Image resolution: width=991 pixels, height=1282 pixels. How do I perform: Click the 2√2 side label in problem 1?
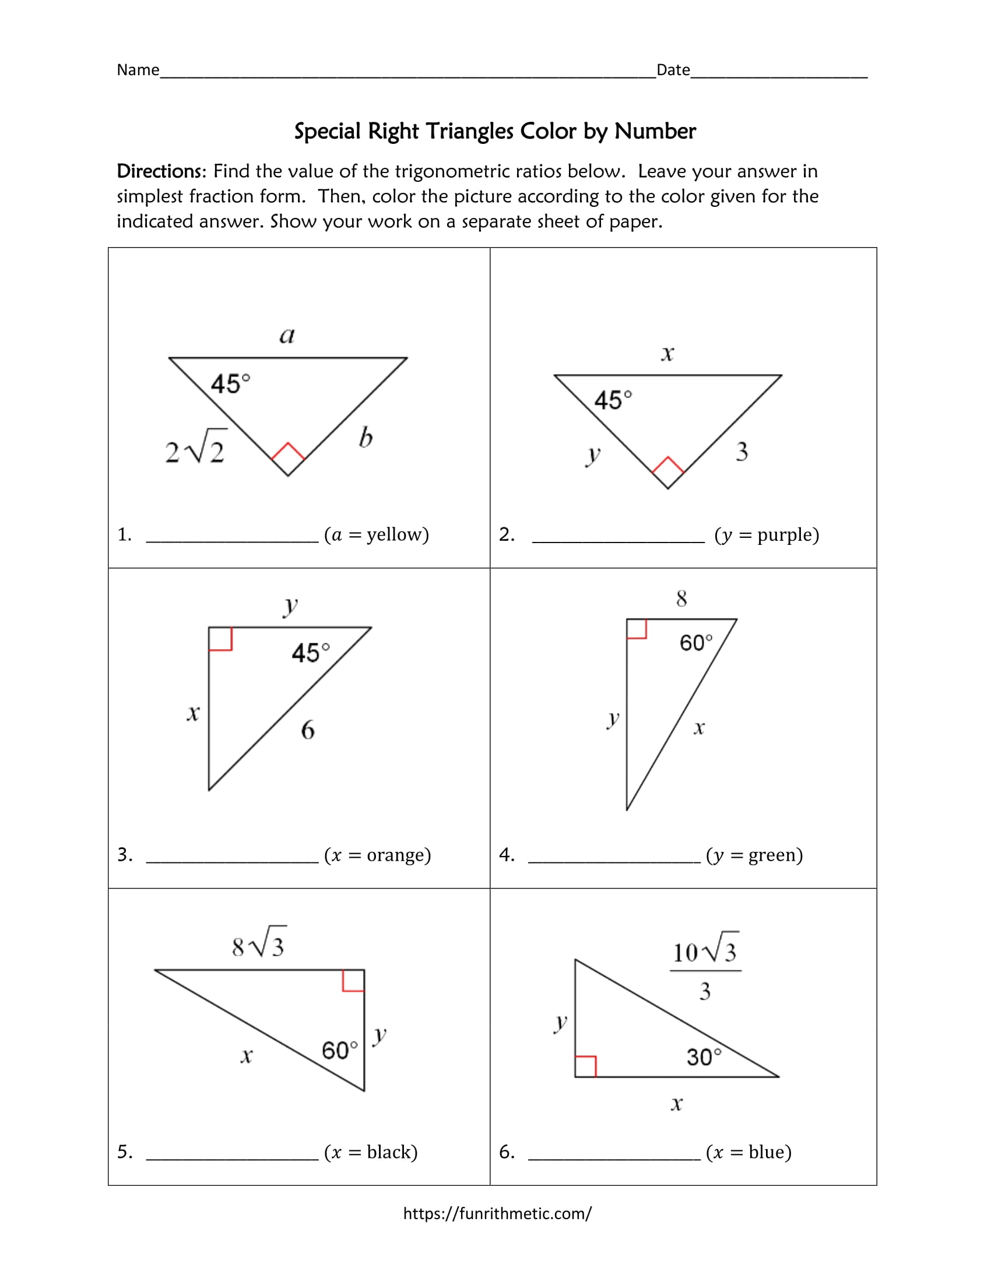[195, 449]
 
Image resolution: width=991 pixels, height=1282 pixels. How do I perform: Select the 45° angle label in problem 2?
[613, 400]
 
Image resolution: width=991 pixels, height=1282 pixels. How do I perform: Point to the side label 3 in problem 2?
[742, 452]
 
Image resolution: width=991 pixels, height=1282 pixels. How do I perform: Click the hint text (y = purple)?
[767, 535]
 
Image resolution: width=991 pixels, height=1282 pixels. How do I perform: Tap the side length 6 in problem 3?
[308, 731]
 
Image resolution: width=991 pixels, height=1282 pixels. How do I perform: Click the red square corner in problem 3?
[220, 639]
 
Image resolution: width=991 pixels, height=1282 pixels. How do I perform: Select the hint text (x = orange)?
[378, 855]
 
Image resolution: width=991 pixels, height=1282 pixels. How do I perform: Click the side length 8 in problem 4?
[681, 598]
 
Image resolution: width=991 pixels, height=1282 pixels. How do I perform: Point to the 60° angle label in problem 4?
[696, 643]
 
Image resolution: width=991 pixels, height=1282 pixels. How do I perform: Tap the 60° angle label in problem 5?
[339, 1050]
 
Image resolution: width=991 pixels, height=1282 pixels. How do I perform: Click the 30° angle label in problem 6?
[704, 1057]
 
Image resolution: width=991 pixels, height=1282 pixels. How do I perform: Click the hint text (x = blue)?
[748, 1152]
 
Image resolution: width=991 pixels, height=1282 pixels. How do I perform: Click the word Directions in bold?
[160, 171]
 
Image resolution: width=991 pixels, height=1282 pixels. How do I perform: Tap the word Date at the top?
[673, 71]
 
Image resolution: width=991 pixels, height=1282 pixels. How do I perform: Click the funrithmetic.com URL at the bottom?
[497, 1213]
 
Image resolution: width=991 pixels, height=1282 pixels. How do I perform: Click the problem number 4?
[506, 855]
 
